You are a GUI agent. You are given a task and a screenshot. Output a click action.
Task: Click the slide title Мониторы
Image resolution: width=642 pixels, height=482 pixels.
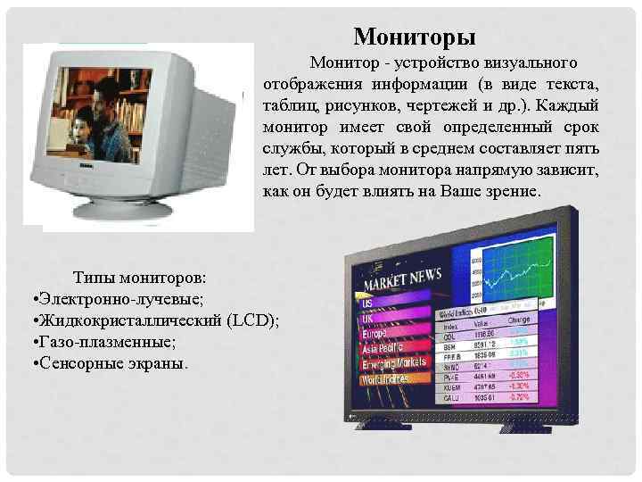click(414, 37)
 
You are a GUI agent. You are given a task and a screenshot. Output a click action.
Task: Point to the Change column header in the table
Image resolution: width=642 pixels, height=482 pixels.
click(518, 319)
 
